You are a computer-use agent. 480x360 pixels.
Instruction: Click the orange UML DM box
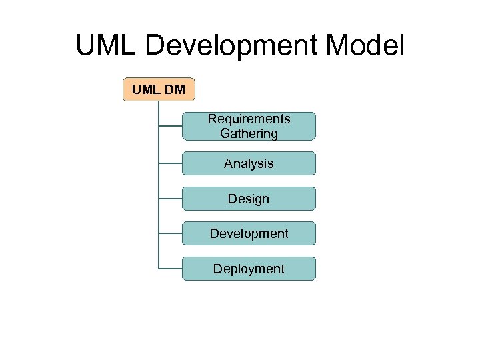(x=159, y=89)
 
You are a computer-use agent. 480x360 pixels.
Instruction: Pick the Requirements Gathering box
(x=249, y=126)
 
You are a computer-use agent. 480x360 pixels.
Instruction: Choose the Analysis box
(x=249, y=163)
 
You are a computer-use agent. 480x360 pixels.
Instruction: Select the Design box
(x=249, y=199)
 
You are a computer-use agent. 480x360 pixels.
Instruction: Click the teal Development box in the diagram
(x=249, y=233)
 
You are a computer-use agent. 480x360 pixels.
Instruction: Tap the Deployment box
(x=249, y=269)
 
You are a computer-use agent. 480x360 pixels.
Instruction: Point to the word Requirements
(x=249, y=119)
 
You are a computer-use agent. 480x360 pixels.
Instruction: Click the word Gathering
(x=249, y=133)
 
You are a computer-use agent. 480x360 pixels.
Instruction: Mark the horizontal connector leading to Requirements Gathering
(x=171, y=126)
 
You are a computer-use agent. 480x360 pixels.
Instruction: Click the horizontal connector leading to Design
(x=171, y=199)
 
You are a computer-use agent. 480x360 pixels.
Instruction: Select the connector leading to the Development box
(x=171, y=233)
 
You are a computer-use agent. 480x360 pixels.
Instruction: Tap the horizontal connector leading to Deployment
(x=171, y=269)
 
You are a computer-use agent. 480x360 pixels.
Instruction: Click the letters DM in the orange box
(x=174, y=89)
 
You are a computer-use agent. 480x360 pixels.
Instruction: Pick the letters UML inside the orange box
(x=146, y=89)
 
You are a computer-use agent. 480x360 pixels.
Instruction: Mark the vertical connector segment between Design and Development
(x=159, y=216)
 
